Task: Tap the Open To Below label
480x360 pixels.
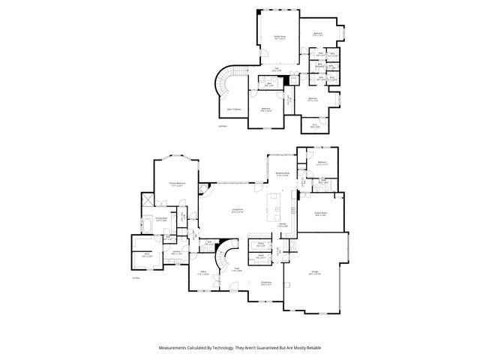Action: tap(234, 109)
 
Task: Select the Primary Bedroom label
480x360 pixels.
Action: tap(177, 184)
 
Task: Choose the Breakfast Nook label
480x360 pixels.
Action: tap(283, 174)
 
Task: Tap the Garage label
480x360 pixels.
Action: tap(314, 274)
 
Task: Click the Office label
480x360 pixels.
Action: tap(203, 274)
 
